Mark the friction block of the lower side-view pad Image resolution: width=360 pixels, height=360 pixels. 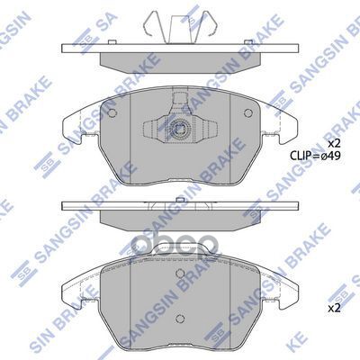coord(180,219)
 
